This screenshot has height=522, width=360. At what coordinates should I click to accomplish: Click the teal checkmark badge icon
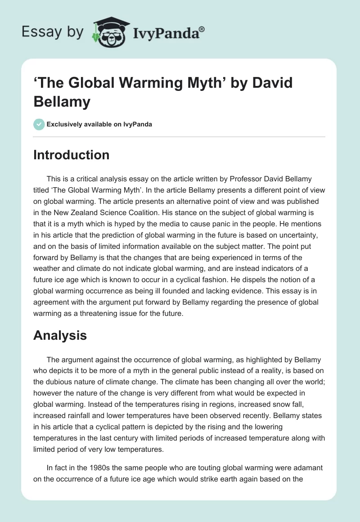point(39,124)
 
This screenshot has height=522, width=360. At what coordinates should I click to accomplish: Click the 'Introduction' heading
point(72,155)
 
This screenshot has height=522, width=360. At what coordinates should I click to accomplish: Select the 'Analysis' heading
point(59,335)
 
